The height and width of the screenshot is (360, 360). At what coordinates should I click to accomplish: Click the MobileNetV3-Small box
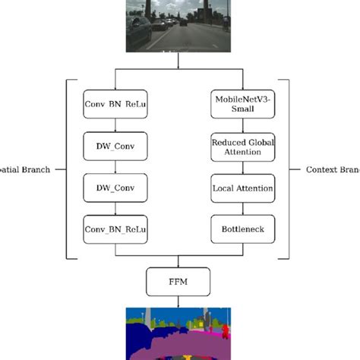pyautogui.click(x=242, y=105)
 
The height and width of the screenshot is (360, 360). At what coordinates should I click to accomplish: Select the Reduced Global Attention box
pyautogui.click(x=242, y=146)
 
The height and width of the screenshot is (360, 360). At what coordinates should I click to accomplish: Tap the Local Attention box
pyautogui.click(x=242, y=187)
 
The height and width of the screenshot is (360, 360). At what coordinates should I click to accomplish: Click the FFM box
pyautogui.click(x=178, y=281)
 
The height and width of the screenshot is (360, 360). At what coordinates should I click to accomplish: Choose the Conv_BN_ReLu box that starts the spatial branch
pyautogui.click(x=115, y=105)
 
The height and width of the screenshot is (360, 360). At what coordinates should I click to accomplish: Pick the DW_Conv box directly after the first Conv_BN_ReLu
pyautogui.click(x=115, y=146)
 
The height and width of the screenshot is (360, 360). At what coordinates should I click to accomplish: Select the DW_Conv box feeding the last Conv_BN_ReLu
pyautogui.click(x=115, y=187)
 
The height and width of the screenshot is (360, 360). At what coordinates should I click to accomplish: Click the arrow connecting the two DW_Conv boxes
pyautogui.click(x=115, y=166)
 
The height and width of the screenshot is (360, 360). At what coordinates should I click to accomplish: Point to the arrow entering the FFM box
pyautogui.click(x=178, y=262)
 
